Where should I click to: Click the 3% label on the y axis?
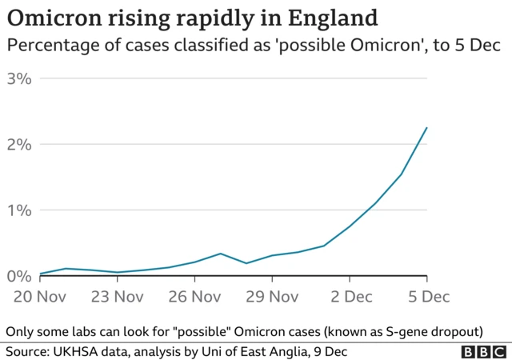coord(18,78)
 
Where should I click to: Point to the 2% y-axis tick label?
coord(18,144)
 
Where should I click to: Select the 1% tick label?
coord(18,210)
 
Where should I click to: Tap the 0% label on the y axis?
coord(18,276)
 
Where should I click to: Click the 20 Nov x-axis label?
coord(40,297)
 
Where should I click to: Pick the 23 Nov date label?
coord(118,297)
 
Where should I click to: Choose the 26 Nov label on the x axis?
coord(194,297)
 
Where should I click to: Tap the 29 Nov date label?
coord(272,297)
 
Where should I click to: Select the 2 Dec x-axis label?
coord(350,297)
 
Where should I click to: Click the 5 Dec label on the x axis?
coord(427,297)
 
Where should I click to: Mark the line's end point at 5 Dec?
coord(427,127)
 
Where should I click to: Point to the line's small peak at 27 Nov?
coord(221,254)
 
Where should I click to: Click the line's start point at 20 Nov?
coord(40,274)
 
